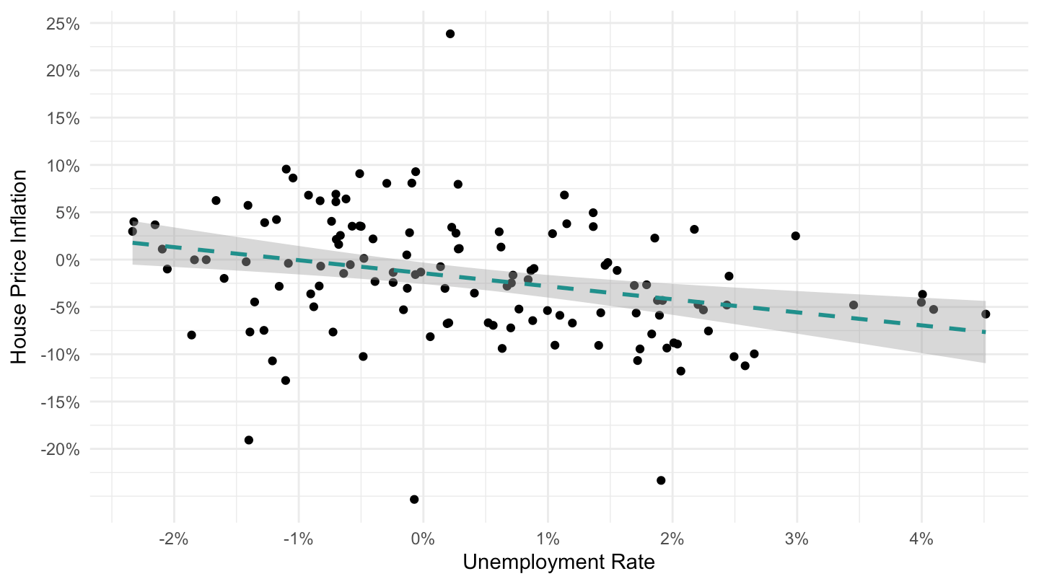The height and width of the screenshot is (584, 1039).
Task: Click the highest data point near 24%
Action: tap(450, 34)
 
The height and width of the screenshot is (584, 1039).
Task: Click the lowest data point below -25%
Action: tap(414, 499)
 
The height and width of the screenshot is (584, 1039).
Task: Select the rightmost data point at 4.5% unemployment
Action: tap(986, 314)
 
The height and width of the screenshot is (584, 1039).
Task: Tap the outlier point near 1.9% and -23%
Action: tap(661, 480)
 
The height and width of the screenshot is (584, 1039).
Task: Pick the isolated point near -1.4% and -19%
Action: tap(249, 440)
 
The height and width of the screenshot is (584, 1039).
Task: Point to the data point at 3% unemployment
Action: tap(795, 236)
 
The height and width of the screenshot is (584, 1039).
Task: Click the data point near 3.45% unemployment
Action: tap(854, 305)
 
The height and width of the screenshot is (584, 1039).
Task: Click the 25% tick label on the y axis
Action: tap(63, 24)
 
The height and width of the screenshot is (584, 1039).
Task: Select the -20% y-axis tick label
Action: tap(61, 450)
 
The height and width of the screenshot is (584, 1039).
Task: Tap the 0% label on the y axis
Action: tap(68, 260)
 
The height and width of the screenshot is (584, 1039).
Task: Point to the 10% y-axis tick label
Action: tap(63, 166)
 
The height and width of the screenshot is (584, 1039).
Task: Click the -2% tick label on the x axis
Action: tap(173, 539)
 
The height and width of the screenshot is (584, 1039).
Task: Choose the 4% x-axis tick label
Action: tap(921, 539)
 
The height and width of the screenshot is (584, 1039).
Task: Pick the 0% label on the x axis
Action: tap(423, 539)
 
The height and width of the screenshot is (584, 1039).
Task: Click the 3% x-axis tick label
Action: tap(797, 539)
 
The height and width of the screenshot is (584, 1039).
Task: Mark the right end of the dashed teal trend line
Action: tap(985, 332)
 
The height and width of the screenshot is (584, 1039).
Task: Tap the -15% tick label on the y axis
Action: tap(61, 402)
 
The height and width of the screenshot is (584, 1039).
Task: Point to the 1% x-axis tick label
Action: tap(548, 539)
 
